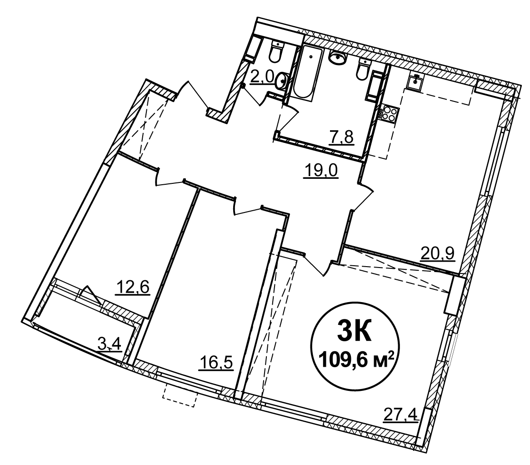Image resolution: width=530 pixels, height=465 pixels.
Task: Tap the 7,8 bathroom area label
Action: (341, 137)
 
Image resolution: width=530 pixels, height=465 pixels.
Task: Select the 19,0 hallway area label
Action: (321, 171)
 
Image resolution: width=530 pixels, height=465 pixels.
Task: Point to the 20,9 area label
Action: (438, 253)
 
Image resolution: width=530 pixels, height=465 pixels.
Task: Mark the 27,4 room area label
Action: (401, 414)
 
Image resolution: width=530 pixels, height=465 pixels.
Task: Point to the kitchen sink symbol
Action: (415, 82)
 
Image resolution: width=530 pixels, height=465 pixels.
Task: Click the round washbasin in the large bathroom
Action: (338, 57)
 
